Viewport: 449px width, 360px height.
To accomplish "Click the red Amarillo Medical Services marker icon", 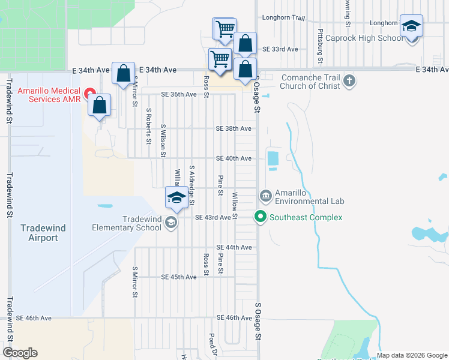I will pos(91,94).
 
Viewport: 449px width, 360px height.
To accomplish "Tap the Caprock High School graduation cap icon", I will pos(412,26).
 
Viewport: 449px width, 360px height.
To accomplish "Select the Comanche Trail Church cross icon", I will pos(349,80).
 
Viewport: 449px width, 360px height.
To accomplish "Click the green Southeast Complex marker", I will pos(261,217).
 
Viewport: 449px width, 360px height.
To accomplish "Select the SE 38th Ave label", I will pos(234,129).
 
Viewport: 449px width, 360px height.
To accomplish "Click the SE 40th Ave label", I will pos(234,158).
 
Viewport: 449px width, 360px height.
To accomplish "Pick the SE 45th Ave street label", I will pos(178,277).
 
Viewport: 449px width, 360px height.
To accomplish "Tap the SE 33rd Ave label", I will pos(280,49).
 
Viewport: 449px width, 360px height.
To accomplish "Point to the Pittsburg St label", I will pos(321,46).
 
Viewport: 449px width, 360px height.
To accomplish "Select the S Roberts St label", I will pos(148,126).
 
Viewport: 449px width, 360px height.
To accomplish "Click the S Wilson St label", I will pos(163,141).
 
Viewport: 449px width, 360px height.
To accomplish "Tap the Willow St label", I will pos(235,205).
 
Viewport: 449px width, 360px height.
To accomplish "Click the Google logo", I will pos(20,353).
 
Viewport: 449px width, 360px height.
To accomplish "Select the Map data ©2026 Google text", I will pos(412,355).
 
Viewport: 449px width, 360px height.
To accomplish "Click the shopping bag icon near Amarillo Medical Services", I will pos(100,105).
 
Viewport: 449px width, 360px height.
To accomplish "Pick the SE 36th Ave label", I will pos(178,95).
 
